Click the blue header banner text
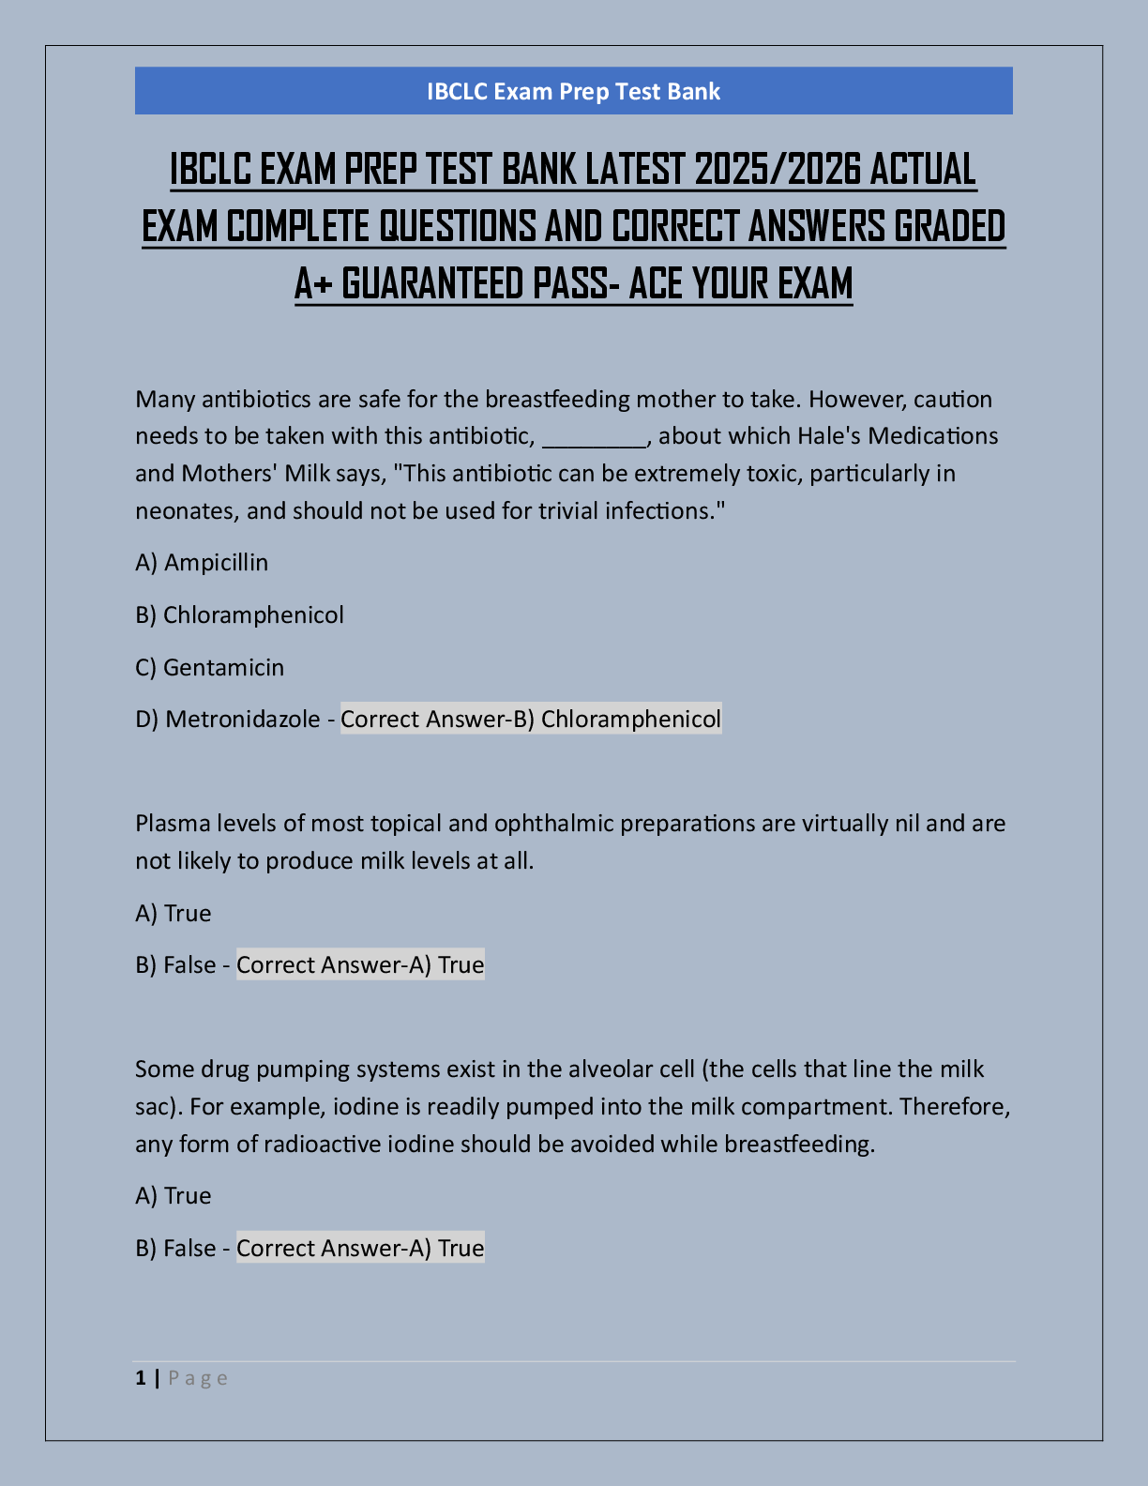pos(573,91)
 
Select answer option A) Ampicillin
pos(202,563)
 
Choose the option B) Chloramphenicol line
pos(239,615)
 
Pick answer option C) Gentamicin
pos(209,668)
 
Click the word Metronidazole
pos(242,720)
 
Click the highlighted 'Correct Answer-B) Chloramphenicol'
pos(531,720)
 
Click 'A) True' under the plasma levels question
pos(174,914)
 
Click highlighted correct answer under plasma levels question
pos(360,965)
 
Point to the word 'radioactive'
pos(320,1145)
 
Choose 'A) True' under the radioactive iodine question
pos(174,1196)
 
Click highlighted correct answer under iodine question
pos(360,1249)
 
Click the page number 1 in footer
pos(141,1378)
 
